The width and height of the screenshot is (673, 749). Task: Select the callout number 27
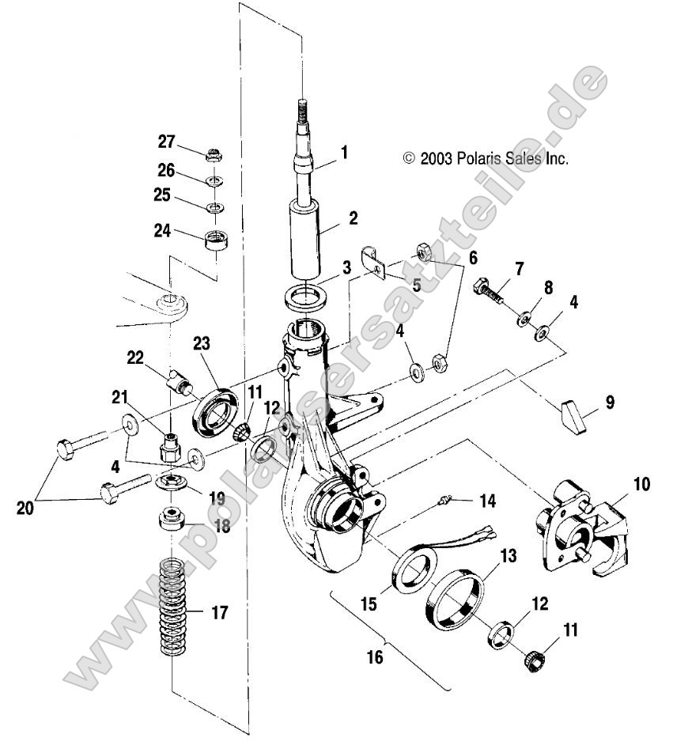165,142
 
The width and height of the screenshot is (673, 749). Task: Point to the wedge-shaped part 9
574,416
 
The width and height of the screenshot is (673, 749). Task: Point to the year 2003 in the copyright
436,158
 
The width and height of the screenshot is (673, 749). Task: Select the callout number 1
345,149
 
